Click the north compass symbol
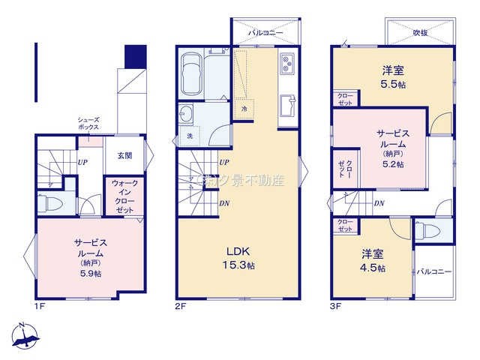[25, 337]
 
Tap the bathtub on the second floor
[193, 75]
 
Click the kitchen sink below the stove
[287, 105]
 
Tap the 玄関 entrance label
[124, 156]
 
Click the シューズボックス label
[88, 124]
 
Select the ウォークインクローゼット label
[124, 196]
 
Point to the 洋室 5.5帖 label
[393, 76]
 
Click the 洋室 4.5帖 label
[372, 261]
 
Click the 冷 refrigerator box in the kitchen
[244, 109]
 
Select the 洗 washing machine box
[189, 137]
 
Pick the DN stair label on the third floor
[379, 203]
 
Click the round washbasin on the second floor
[186, 114]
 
